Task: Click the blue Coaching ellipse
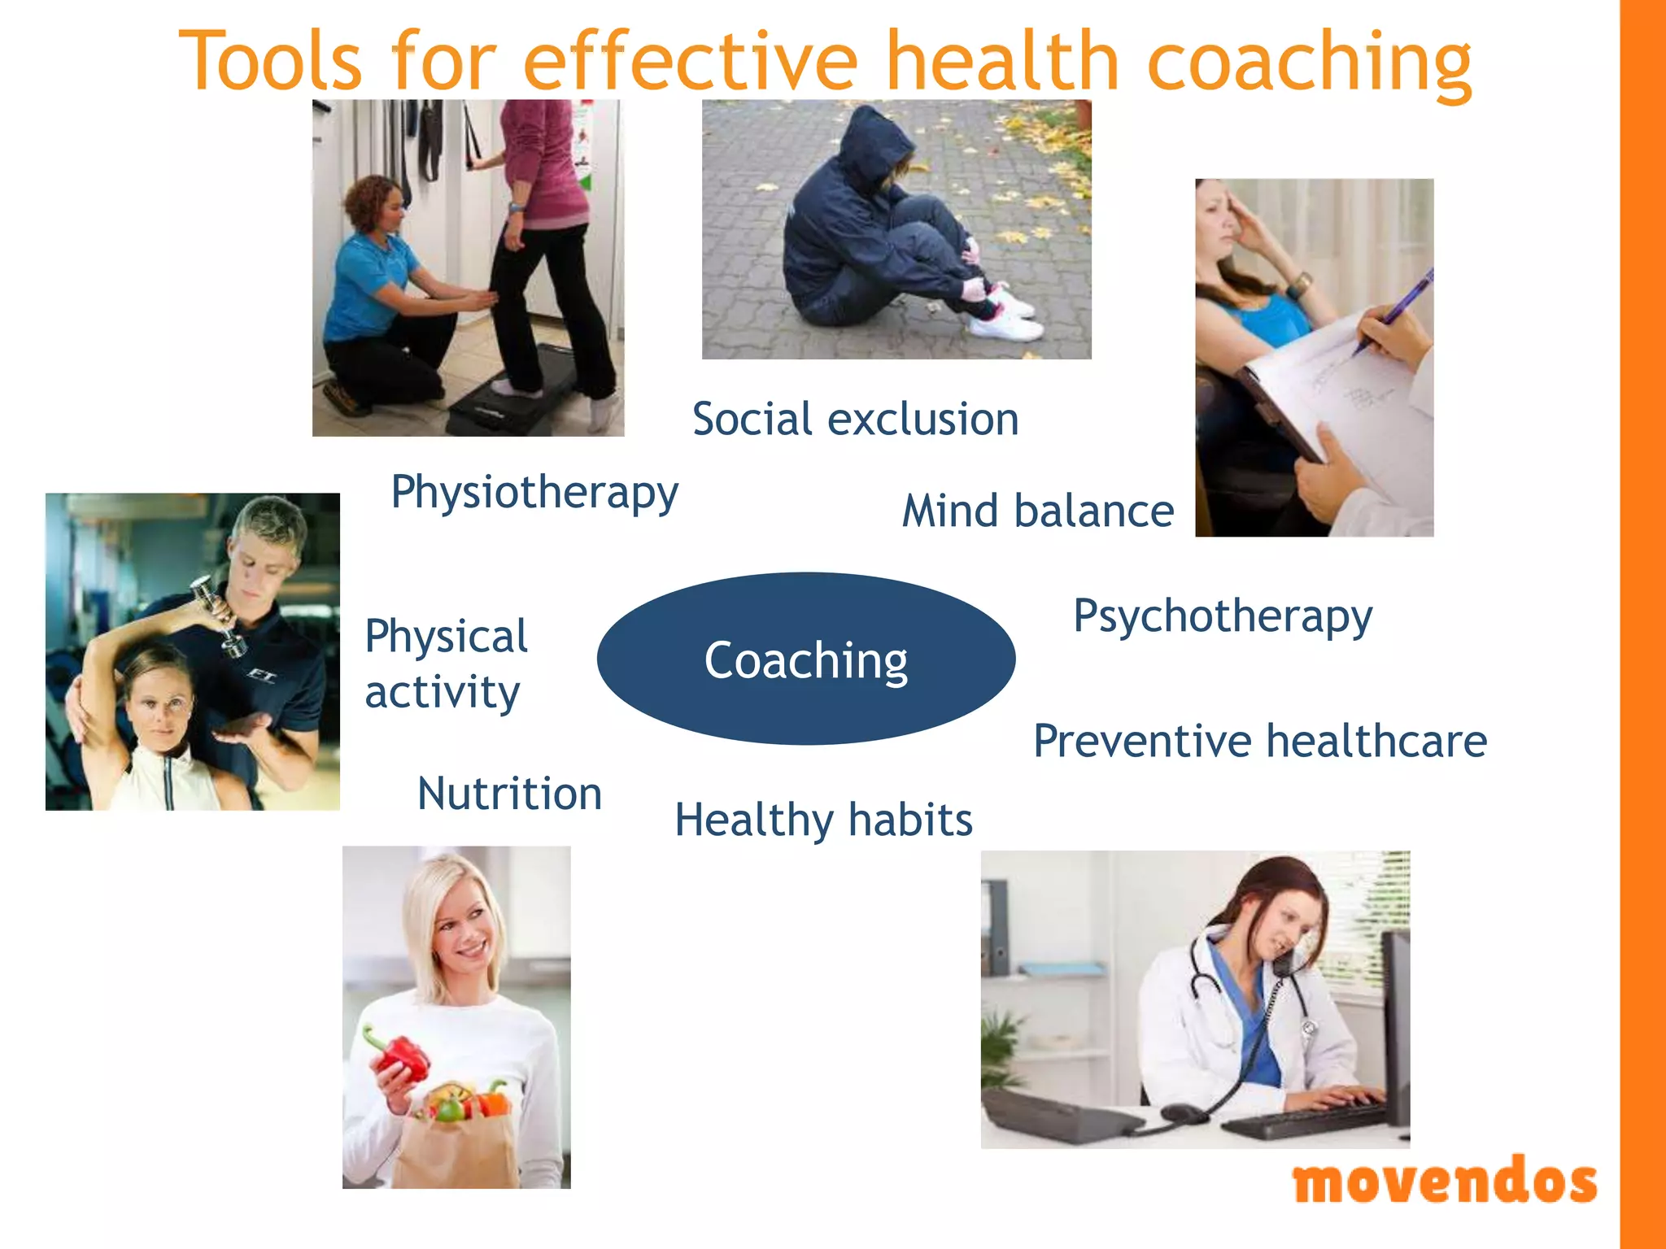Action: (805, 659)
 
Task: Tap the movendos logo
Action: (1445, 1182)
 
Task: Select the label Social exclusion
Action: (855, 420)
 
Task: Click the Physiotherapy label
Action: (534, 493)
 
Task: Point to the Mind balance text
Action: (1038, 511)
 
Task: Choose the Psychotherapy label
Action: (1223, 616)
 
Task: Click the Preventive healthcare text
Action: (1260, 741)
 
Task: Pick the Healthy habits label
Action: (823, 820)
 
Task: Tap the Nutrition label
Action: (509, 794)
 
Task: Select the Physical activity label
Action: (446, 664)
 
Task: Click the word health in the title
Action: (1001, 61)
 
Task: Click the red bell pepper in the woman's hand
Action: (400, 1055)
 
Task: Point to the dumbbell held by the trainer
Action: (218, 614)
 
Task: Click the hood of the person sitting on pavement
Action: (874, 142)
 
